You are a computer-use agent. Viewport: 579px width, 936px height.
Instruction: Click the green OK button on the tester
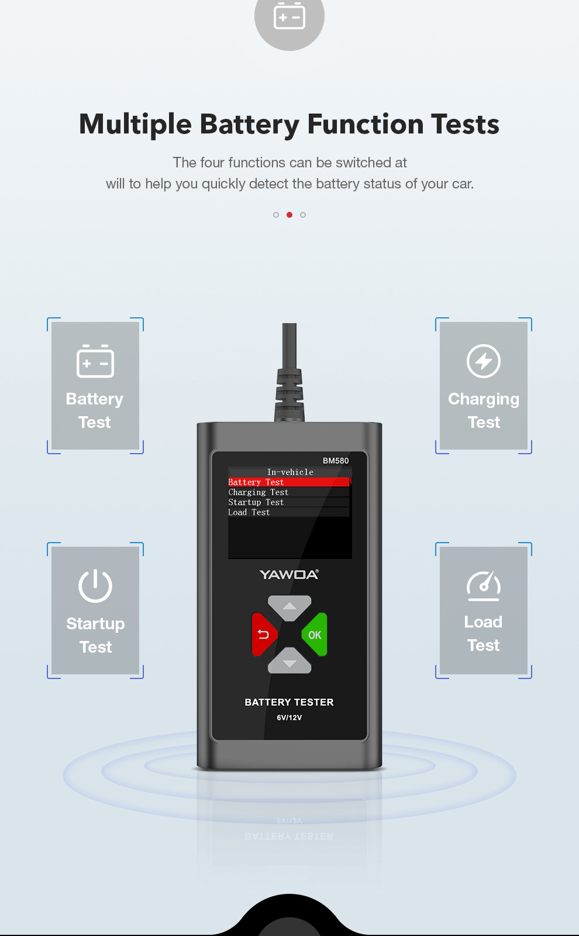point(315,635)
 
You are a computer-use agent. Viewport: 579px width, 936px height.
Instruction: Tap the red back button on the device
point(264,635)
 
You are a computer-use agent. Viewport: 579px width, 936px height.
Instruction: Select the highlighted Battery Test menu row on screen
point(288,482)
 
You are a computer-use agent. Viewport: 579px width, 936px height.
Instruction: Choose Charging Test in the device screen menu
point(258,492)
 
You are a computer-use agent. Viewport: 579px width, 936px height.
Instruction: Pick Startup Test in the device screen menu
point(256,502)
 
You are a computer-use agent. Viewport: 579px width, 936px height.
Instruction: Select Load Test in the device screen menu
point(249,512)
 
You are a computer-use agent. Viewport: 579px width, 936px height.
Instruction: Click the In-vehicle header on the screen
point(290,472)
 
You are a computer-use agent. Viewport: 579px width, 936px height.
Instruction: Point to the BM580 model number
point(336,461)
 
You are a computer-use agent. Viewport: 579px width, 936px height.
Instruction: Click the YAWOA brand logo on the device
point(289,575)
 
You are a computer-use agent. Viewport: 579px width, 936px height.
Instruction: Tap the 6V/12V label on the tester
point(289,718)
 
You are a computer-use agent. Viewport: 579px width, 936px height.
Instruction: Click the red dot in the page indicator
point(289,215)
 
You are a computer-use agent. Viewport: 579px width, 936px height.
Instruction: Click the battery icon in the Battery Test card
point(95,361)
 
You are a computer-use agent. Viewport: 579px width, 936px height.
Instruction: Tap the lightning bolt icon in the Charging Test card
point(484,361)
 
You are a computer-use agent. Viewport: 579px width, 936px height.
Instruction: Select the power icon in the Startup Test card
point(95,585)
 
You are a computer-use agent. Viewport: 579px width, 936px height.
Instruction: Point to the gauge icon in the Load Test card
point(484,586)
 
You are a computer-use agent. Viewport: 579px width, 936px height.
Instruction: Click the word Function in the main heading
point(366,124)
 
